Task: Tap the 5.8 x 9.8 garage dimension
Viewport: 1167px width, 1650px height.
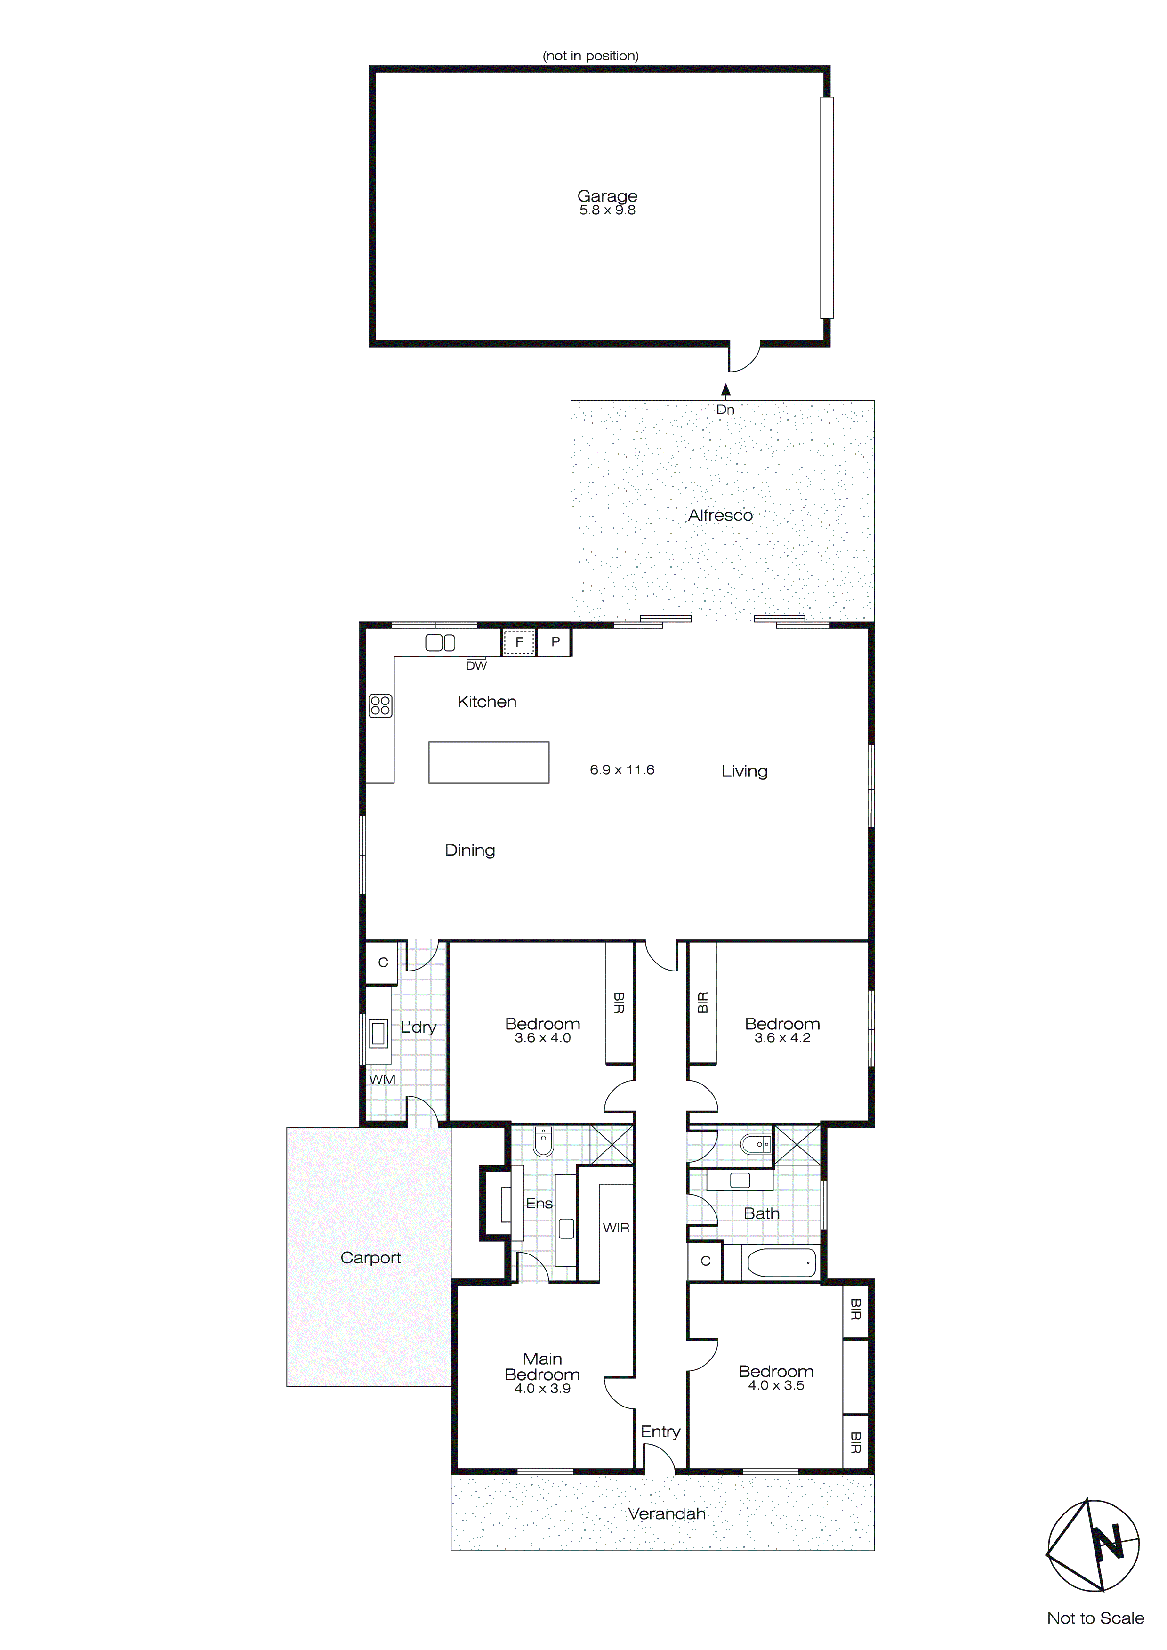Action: [607, 210]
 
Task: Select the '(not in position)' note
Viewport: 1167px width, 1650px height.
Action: [591, 56]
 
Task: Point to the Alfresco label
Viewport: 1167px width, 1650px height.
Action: [720, 515]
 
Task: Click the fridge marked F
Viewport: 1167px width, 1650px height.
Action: [519, 642]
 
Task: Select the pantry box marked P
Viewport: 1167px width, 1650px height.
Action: [555, 642]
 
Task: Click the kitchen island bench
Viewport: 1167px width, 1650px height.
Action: [489, 762]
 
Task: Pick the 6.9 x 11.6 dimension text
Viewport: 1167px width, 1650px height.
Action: [621, 769]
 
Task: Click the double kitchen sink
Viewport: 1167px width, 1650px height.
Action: [440, 642]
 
